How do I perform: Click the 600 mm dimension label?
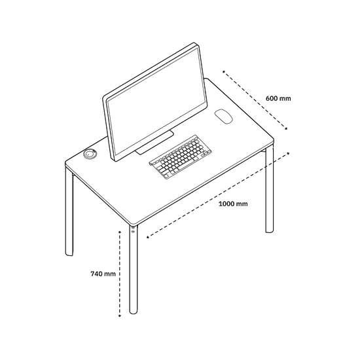point(278,98)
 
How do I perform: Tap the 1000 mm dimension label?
point(233,204)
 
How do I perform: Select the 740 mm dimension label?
point(103,274)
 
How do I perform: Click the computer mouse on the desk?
point(224,117)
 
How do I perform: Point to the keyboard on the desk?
point(181,157)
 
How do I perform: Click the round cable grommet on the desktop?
point(90,154)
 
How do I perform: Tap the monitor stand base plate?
point(154,143)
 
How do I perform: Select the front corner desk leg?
point(134,270)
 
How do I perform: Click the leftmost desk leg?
point(69,211)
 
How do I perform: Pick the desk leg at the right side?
point(269,190)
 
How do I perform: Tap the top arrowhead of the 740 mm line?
point(120,232)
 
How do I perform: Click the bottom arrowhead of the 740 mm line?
point(120,316)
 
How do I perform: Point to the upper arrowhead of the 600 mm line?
point(224,71)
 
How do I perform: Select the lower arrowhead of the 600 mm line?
point(286,128)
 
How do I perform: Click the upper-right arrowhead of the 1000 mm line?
point(289,153)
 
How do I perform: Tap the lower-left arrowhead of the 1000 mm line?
point(148,237)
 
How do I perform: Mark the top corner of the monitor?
point(194,43)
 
